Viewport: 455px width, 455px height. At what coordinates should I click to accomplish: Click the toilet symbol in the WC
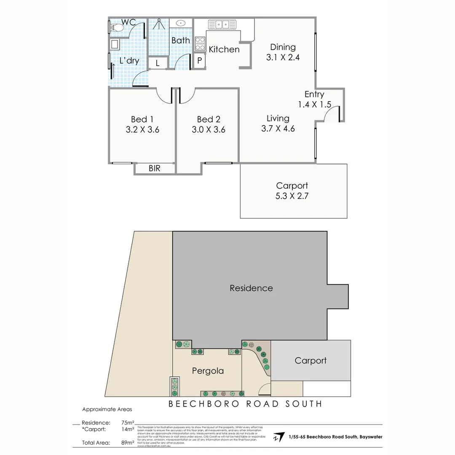pyautogui.click(x=116, y=28)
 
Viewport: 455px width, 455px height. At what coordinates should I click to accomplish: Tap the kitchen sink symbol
pyautogui.click(x=225, y=24)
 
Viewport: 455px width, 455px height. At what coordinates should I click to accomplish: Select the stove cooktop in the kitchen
pyautogui.click(x=200, y=44)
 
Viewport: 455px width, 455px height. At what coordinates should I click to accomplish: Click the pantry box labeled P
pyautogui.click(x=200, y=60)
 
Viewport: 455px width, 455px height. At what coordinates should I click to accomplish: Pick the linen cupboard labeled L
pyautogui.click(x=158, y=63)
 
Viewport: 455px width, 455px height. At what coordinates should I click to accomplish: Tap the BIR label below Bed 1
pyautogui.click(x=155, y=169)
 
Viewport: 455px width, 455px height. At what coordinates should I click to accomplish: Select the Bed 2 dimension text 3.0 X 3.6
pyautogui.click(x=208, y=130)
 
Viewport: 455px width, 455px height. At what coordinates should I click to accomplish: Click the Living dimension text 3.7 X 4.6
pyautogui.click(x=278, y=129)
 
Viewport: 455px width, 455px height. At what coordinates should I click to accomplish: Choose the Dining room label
pyautogui.click(x=283, y=47)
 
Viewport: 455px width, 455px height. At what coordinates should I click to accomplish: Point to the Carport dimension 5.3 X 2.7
pyautogui.click(x=292, y=196)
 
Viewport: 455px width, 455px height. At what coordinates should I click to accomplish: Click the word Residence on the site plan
pyautogui.click(x=251, y=288)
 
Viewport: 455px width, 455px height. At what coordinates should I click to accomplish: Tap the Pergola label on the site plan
pyautogui.click(x=208, y=371)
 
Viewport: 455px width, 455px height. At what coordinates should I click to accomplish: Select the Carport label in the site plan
pyautogui.click(x=310, y=361)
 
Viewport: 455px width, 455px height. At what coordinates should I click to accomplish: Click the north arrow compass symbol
pyautogui.click(x=278, y=437)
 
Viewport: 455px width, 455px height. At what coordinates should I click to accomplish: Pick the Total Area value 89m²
pyautogui.click(x=127, y=443)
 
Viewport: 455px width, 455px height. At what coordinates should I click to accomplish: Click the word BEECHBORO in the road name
pyautogui.click(x=197, y=404)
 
